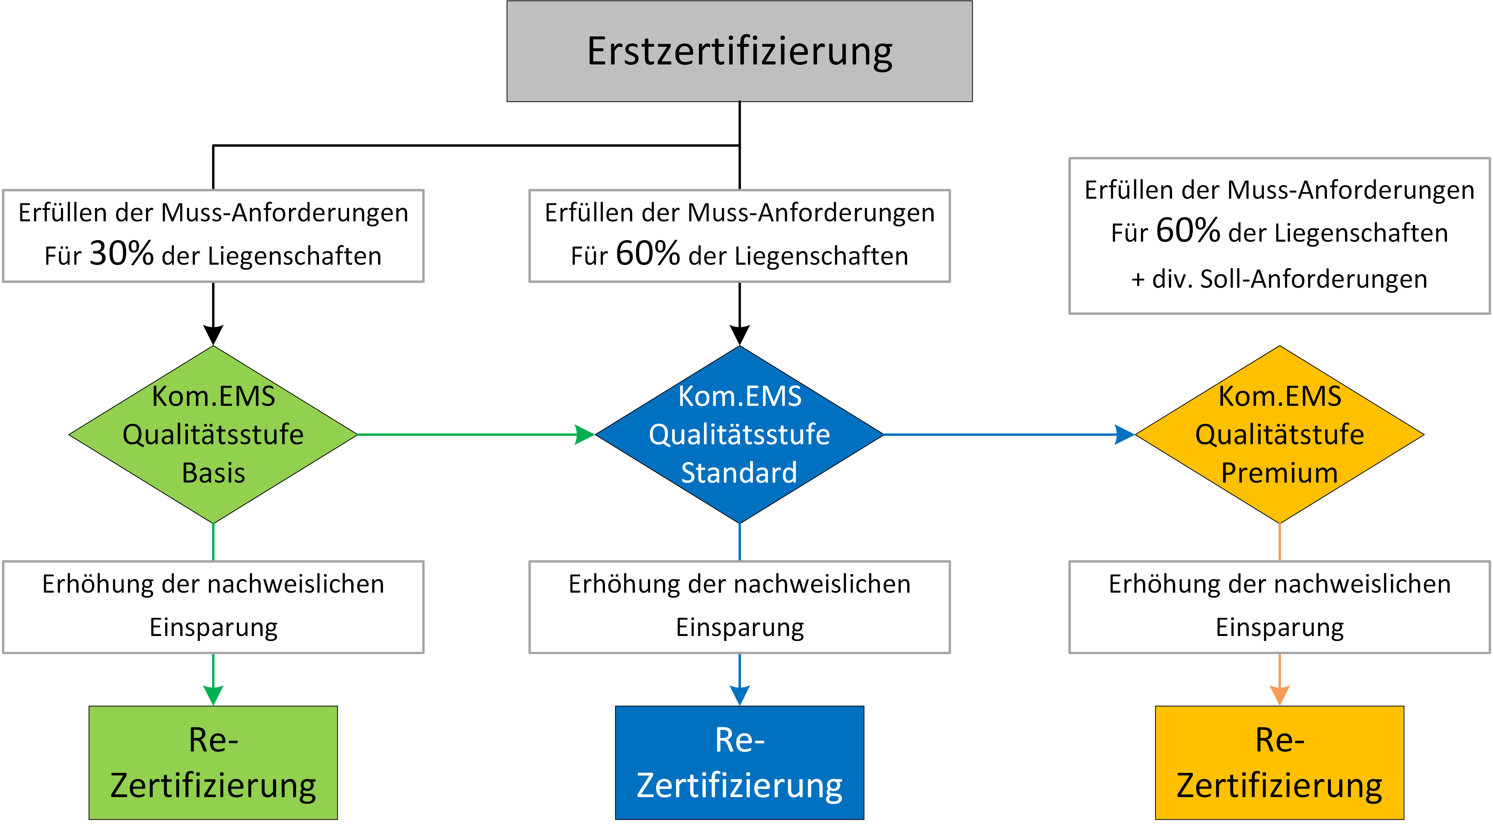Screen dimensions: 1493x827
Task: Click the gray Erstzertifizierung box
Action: click(x=740, y=51)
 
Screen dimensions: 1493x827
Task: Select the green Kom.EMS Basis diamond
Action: click(x=213, y=434)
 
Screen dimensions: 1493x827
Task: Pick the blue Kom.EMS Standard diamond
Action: click(x=740, y=434)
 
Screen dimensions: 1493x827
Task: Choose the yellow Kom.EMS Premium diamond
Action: click(x=1280, y=434)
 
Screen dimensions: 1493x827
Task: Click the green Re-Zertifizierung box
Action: click(x=213, y=763)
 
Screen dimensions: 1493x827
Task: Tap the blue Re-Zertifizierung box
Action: click(x=740, y=763)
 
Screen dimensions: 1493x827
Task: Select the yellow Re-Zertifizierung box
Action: click(x=1280, y=763)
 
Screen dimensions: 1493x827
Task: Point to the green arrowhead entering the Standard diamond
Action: click(x=585, y=434)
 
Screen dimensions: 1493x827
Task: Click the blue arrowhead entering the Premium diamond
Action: click(x=1125, y=434)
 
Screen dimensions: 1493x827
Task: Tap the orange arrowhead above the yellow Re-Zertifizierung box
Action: click(x=1280, y=695)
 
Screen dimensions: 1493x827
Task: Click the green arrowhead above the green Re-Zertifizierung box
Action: click(x=213, y=695)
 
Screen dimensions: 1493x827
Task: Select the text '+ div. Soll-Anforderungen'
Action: click(x=1279, y=279)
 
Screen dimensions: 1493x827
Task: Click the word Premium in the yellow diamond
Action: click(x=1280, y=473)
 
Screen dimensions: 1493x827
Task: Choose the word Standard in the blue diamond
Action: click(x=740, y=473)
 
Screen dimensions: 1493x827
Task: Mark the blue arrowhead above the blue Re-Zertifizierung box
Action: click(x=740, y=695)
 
